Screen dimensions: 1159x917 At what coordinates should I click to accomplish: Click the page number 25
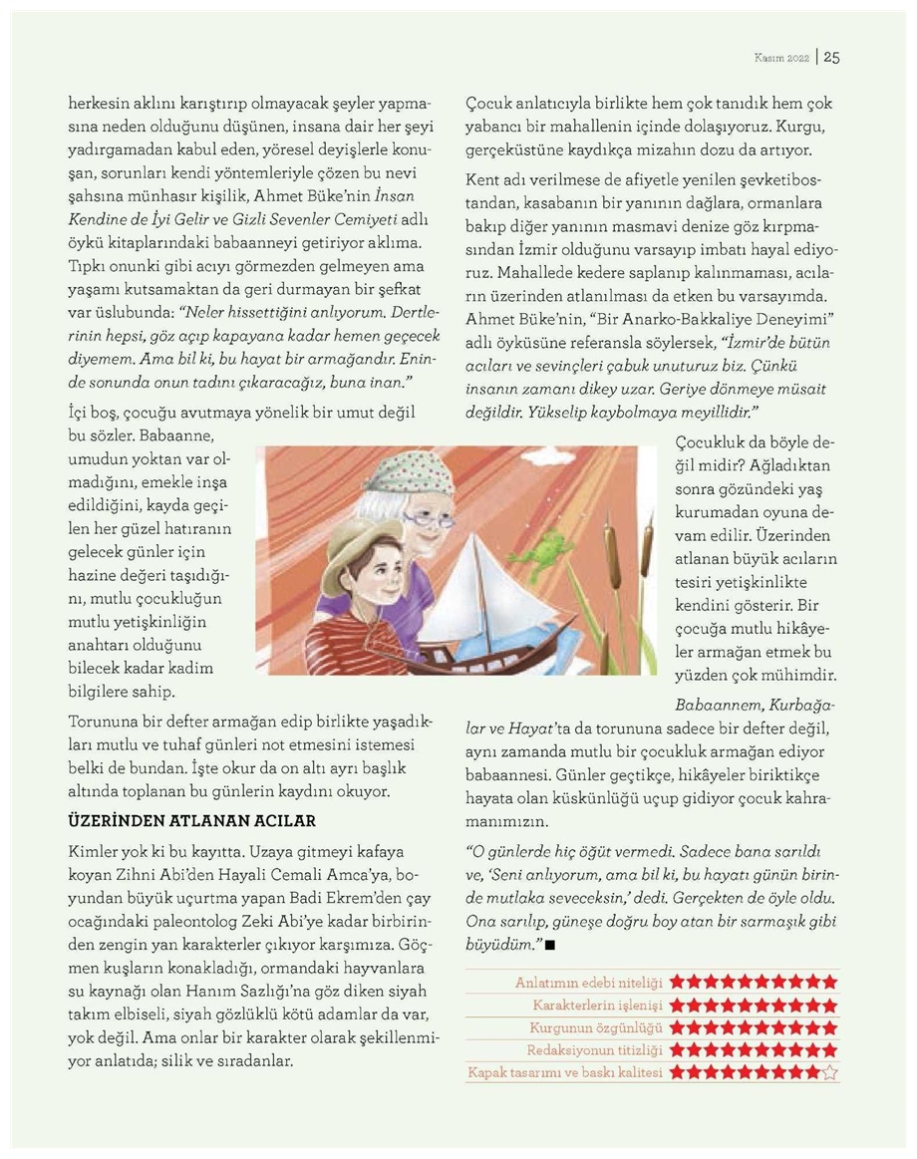(831, 57)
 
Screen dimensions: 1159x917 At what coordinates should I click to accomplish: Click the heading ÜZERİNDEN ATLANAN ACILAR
(191, 821)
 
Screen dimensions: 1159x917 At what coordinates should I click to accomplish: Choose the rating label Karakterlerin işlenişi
(598, 1005)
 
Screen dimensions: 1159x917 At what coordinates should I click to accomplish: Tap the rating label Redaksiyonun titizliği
(596, 1050)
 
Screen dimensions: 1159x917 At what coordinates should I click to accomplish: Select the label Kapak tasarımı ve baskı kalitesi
(564, 1073)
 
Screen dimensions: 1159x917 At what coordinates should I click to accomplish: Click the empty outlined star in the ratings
(830, 1073)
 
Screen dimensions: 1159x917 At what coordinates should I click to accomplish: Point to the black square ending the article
(550, 943)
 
